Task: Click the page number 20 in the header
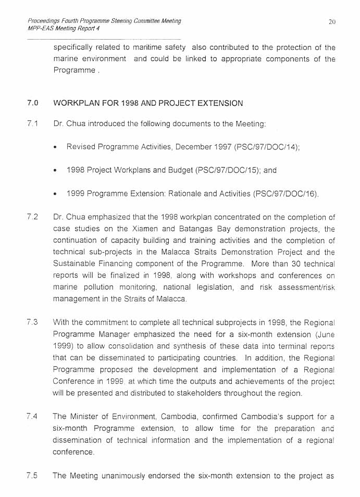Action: coord(332,21)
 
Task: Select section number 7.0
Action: coord(33,103)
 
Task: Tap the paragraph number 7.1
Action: coord(33,123)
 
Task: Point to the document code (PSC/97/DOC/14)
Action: coord(266,147)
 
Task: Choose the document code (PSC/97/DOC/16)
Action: coord(285,194)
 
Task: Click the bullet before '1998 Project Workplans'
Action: coord(55,171)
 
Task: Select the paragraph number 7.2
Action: coord(33,217)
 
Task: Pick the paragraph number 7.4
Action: coord(33,416)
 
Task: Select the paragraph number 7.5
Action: coord(33,475)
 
